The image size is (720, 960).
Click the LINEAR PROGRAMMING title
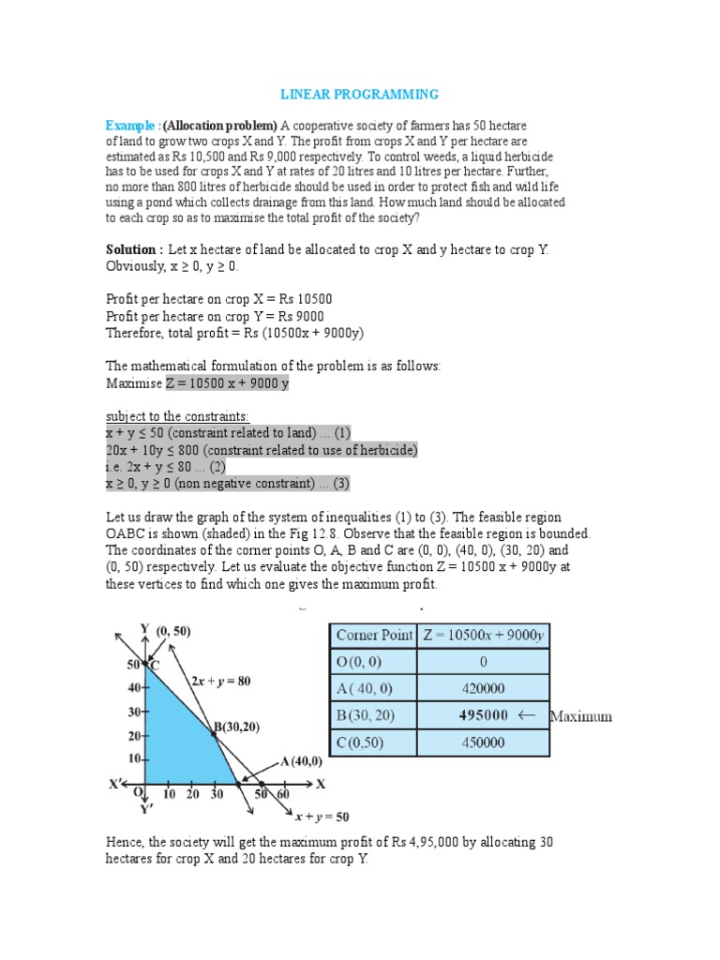(360, 95)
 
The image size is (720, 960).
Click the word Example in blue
(133, 126)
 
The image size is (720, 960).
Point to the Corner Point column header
(373, 635)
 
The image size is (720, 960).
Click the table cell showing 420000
(483, 688)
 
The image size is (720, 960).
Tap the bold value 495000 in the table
(483, 715)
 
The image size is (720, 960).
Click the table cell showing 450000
(483, 742)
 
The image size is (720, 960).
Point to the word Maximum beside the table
(580, 716)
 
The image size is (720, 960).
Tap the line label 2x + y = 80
(221, 681)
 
